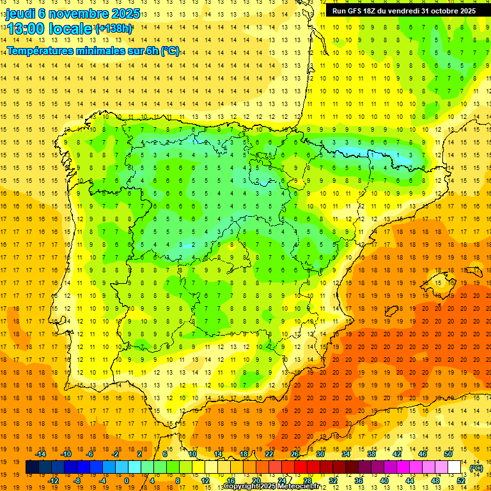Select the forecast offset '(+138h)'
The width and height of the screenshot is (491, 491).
pyautogui.click(x=114, y=28)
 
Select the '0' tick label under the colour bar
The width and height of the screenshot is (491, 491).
pyautogui.click(x=127, y=481)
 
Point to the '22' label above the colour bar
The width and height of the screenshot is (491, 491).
pyautogui.click(x=269, y=453)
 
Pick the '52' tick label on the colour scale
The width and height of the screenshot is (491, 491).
pyautogui.click(x=461, y=481)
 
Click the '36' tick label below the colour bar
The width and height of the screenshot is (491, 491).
pyautogui.click(x=358, y=481)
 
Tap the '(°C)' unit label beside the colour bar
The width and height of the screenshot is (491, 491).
pyautogui.click(x=476, y=468)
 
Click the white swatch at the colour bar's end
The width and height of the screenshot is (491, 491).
pyautogui.click(x=454, y=467)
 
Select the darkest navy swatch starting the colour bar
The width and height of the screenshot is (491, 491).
pyautogui.click(x=32, y=467)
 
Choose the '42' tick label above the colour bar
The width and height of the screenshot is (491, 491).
pyautogui.click(x=396, y=453)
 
